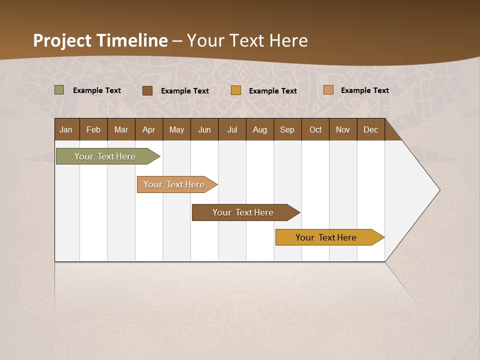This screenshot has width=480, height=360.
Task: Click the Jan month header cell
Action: tap(66, 129)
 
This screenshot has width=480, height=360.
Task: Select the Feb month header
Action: tap(93, 129)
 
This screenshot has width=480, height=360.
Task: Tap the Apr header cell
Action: tap(149, 129)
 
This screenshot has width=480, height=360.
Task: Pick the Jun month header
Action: tap(204, 129)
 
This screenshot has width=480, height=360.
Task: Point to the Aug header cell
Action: tap(260, 129)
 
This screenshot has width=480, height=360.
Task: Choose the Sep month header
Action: tap(287, 129)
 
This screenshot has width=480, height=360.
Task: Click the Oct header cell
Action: tap(315, 129)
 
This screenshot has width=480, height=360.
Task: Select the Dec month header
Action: tap(371, 129)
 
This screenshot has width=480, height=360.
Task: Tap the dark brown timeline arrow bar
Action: tap(243, 212)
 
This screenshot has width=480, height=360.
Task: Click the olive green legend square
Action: tap(59, 90)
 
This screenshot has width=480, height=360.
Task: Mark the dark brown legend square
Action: tap(147, 90)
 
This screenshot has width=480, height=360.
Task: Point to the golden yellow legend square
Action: tap(236, 90)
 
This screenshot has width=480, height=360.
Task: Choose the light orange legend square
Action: tap(328, 90)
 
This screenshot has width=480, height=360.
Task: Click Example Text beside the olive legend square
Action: tap(97, 90)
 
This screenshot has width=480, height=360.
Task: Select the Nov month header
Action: tap(343, 129)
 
